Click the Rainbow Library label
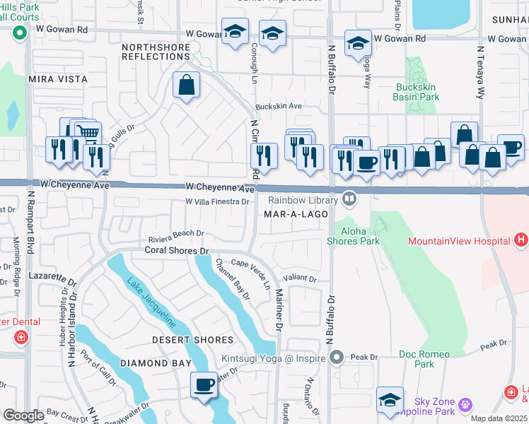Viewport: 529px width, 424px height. [x=303, y=199]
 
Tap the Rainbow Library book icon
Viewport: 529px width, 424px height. [x=349, y=199]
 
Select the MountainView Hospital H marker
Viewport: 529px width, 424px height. [x=521, y=241]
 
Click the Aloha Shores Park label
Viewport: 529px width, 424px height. [x=353, y=236]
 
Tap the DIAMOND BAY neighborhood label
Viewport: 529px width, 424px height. [x=155, y=363]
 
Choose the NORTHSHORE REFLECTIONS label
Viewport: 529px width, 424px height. [x=156, y=52]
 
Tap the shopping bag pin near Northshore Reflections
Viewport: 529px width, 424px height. [x=187, y=86]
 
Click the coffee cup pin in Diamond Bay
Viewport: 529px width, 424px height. [x=204, y=385]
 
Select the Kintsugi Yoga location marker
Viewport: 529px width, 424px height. [x=337, y=358]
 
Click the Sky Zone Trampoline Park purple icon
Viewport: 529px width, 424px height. [x=465, y=405]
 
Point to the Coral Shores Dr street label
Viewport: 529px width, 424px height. [x=177, y=250]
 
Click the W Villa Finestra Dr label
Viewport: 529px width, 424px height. [x=217, y=202]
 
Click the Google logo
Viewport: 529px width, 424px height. [x=23, y=416]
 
